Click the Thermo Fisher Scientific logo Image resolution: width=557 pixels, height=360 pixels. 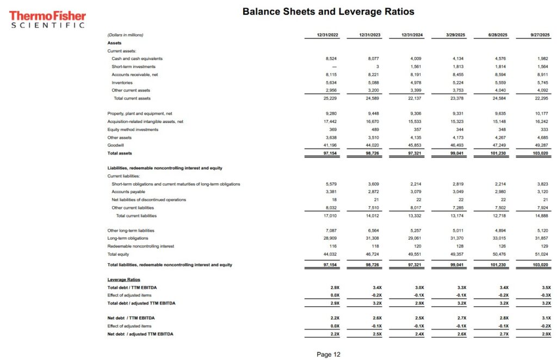point(47,19)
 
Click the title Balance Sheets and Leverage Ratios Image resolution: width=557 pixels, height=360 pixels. point(328,11)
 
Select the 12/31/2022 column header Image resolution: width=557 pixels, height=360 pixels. point(327,35)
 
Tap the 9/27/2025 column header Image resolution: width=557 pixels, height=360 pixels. point(540,35)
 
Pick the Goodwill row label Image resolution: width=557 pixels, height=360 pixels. point(116,145)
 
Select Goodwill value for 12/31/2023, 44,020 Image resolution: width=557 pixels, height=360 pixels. point(372,145)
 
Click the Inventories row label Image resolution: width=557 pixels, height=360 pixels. point(122,82)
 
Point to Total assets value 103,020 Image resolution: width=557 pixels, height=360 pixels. point(541,153)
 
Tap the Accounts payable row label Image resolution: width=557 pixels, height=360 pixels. point(128,191)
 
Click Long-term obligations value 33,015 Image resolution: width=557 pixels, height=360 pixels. point(498,238)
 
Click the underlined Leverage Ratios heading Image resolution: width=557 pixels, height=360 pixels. point(123,280)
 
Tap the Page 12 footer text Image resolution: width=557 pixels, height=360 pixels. point(328,354)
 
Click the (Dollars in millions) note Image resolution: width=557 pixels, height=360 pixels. point(125,35)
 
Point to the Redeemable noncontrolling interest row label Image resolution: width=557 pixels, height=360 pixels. point(140,246)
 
